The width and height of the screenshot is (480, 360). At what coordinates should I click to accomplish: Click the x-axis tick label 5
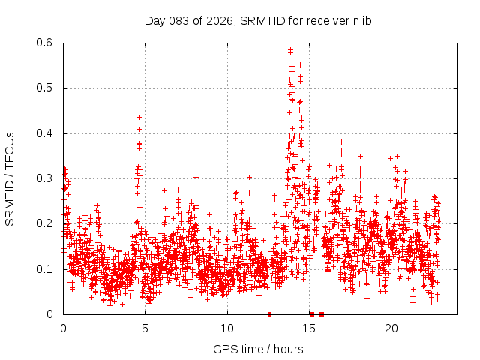(x=145, y=328)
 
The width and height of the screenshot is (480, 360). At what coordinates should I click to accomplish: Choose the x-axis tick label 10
(x=227, y=328)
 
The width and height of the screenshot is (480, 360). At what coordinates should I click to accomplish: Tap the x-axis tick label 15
(x=309, y=328)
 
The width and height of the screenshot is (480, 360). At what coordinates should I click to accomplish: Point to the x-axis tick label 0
(x=63, y=328)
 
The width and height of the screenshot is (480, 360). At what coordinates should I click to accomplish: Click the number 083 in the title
(x=179, y=20)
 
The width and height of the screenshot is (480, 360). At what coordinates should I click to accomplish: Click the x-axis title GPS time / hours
(x=258, y=349)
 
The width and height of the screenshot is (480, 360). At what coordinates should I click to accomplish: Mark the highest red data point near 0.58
(x=290, y=50)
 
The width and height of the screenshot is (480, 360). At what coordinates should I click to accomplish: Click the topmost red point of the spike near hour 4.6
(x=139, y=117)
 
